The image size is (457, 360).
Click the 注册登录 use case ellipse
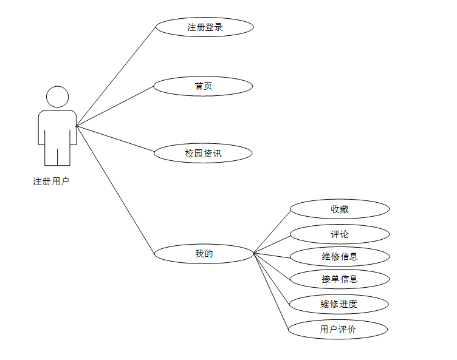click(x=204, y=27)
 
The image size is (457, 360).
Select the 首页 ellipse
click(x=203, y=86)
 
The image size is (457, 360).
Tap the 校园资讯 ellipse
click(x=203, y=154)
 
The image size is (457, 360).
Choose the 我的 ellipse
click(x=204, y=254)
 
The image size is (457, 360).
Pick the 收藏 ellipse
click(x=339, y=209)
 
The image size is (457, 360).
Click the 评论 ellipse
click(x=339, y=234)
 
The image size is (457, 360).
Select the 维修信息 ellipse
click(x=339, y=256)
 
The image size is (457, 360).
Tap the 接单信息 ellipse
click(x=339, y=279)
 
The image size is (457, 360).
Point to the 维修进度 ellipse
click(x=338, y=304)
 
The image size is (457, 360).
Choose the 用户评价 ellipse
click(x=337, y=330)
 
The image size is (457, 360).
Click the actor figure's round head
click(x=58, y=97)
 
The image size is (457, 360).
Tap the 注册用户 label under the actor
click(x=51, y=181)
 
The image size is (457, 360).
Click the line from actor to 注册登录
click(x=116, y=76)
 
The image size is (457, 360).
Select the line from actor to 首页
click(x=115, y=106)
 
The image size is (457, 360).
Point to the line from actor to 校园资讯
click(x=115, y=139)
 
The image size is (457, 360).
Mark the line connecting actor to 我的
click(x=115, y=189)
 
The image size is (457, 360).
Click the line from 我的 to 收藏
click(x=272, y=231)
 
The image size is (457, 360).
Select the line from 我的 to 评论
click(x=272, y=243)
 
